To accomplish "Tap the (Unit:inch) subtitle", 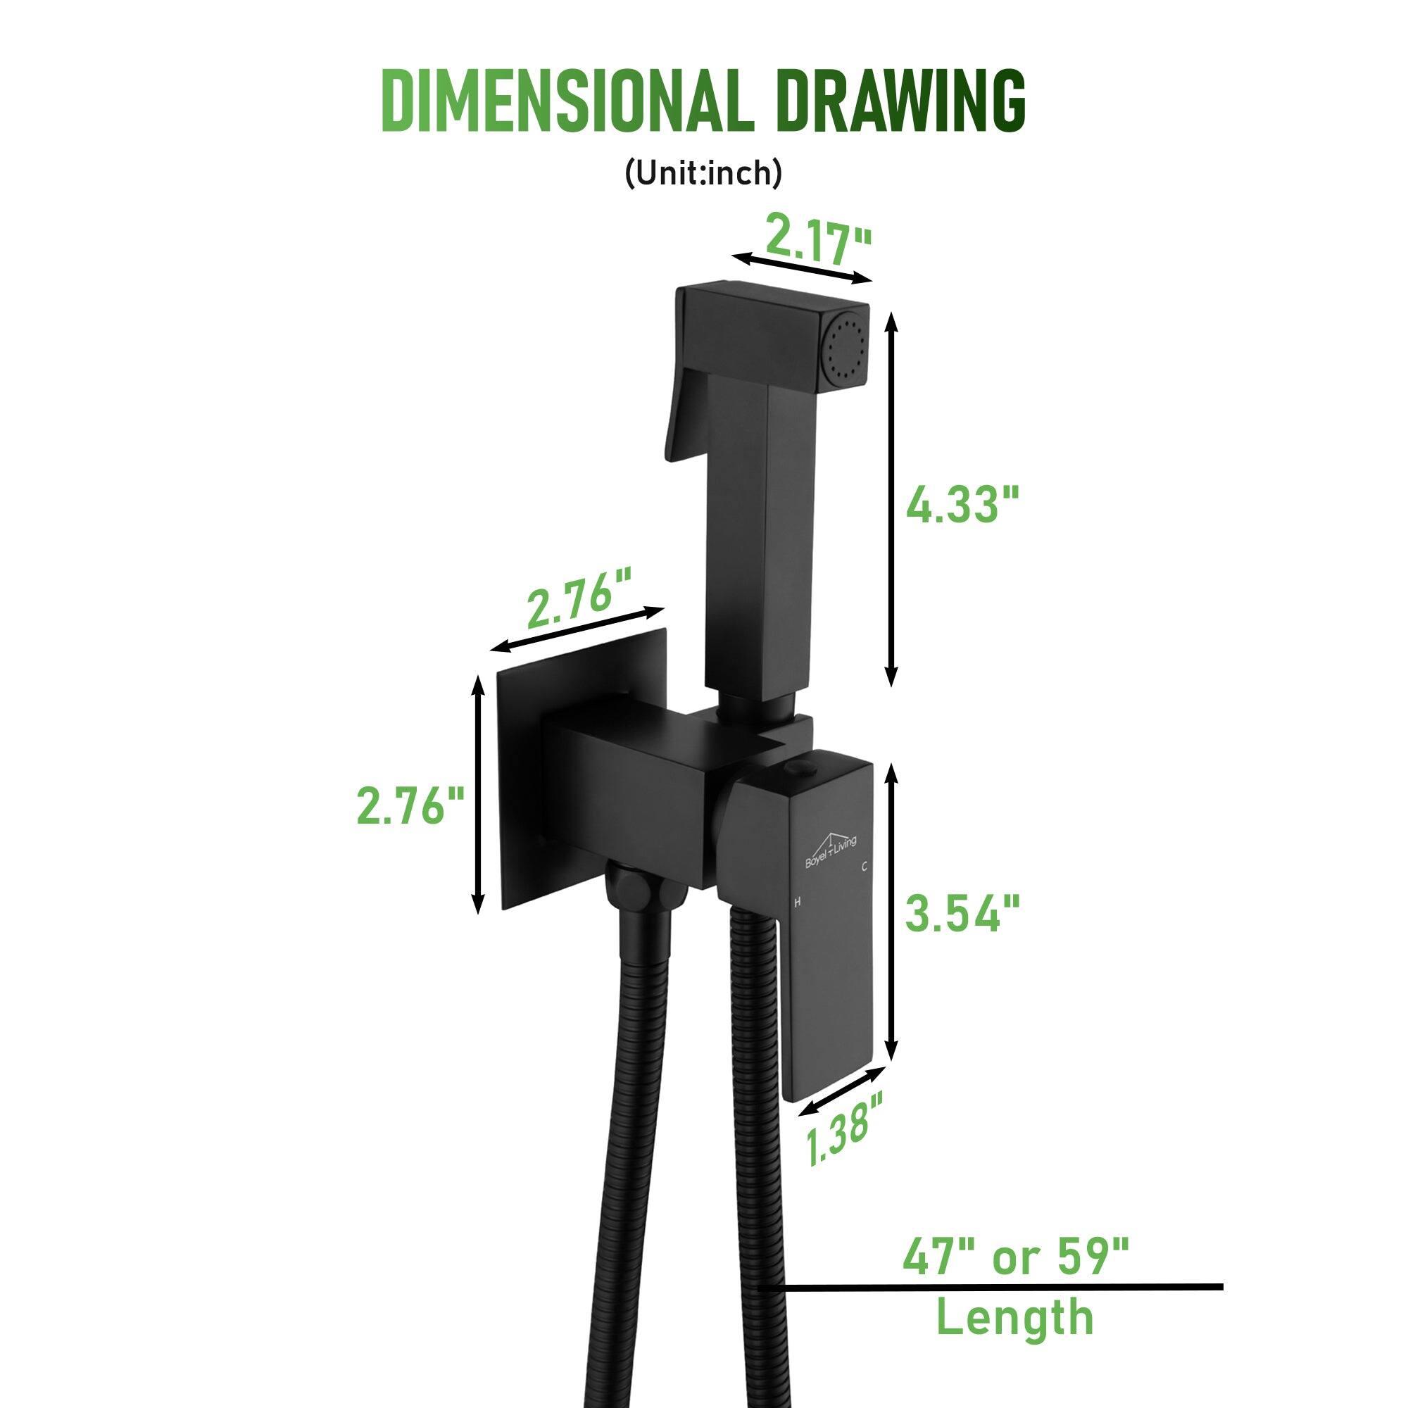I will (x=703, y=175).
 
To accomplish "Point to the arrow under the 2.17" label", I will (x=802, y=268).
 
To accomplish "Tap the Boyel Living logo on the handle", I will (x=830, y=849).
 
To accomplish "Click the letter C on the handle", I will (x=864, y=867).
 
